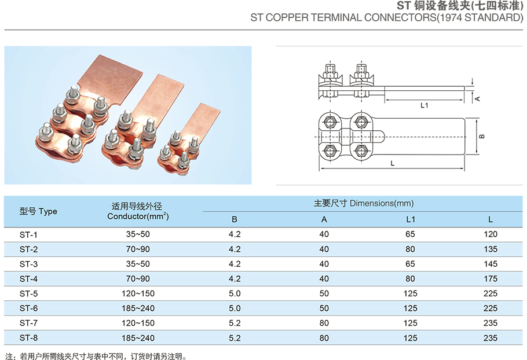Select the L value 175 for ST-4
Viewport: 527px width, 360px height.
(491, 279)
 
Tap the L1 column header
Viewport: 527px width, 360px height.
(411, 219)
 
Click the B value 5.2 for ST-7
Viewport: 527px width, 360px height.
(235, 323)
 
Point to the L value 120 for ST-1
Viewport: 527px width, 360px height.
(491, 234)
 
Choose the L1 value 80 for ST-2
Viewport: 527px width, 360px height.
(411, 249)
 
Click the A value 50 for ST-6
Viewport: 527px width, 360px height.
(324, 308)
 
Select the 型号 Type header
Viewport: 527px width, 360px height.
(38, 211)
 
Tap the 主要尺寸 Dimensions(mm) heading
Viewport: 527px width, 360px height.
(364, 203)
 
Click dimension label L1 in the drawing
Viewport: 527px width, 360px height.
(424, 105)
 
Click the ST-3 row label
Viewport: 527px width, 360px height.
(28, 264)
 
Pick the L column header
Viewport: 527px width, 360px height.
(491, 219)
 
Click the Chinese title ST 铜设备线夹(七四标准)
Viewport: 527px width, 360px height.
(460, 6)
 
